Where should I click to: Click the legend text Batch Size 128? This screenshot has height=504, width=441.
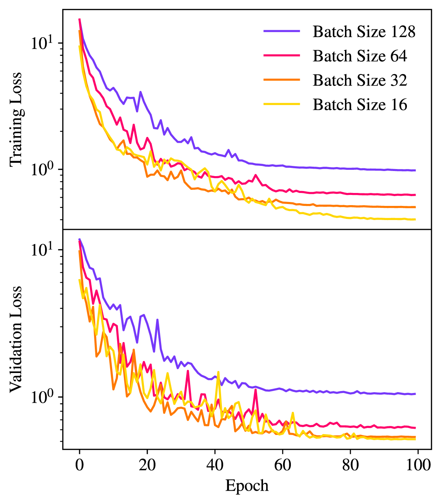tap(364, 31)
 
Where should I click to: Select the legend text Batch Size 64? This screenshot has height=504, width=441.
tap(360, 56)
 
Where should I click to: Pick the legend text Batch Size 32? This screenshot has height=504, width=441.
tap(360, 80)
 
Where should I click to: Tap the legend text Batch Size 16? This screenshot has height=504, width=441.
tap(360, 104)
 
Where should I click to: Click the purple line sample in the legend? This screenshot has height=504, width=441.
tap(282, 31)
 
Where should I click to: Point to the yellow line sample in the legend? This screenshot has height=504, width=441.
tap(282, 104)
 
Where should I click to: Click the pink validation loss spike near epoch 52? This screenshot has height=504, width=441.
tap(256, 390)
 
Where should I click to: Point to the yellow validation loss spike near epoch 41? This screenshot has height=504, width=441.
tap(218, 372)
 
